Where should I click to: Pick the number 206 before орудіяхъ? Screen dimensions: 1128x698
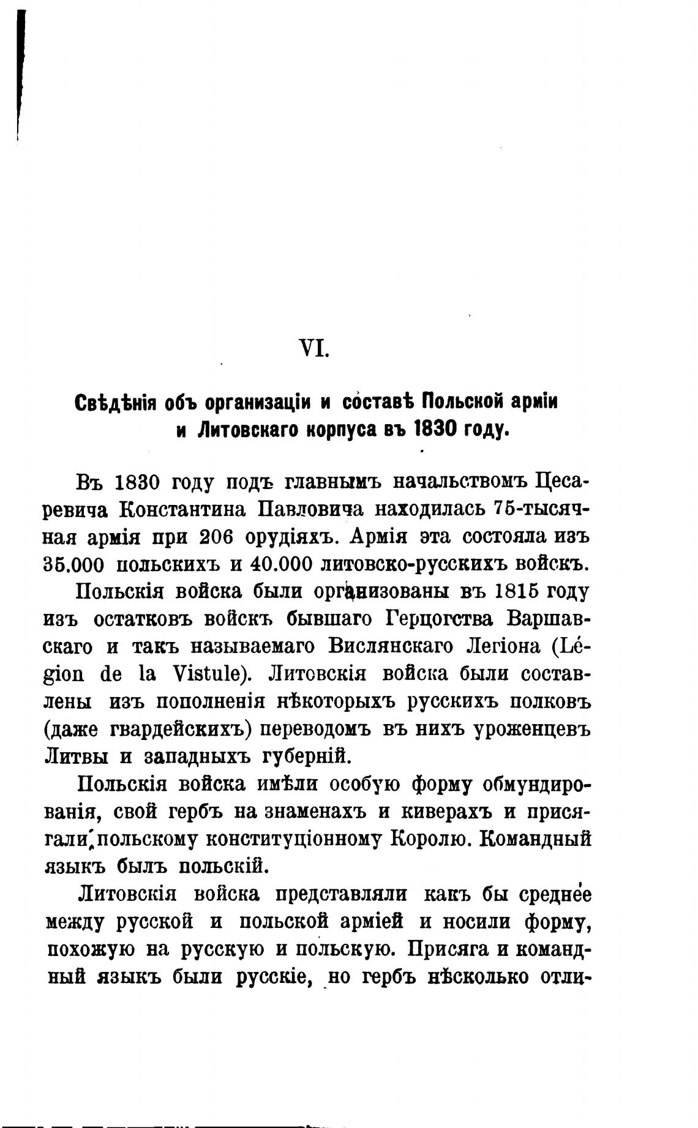(216, 537)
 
